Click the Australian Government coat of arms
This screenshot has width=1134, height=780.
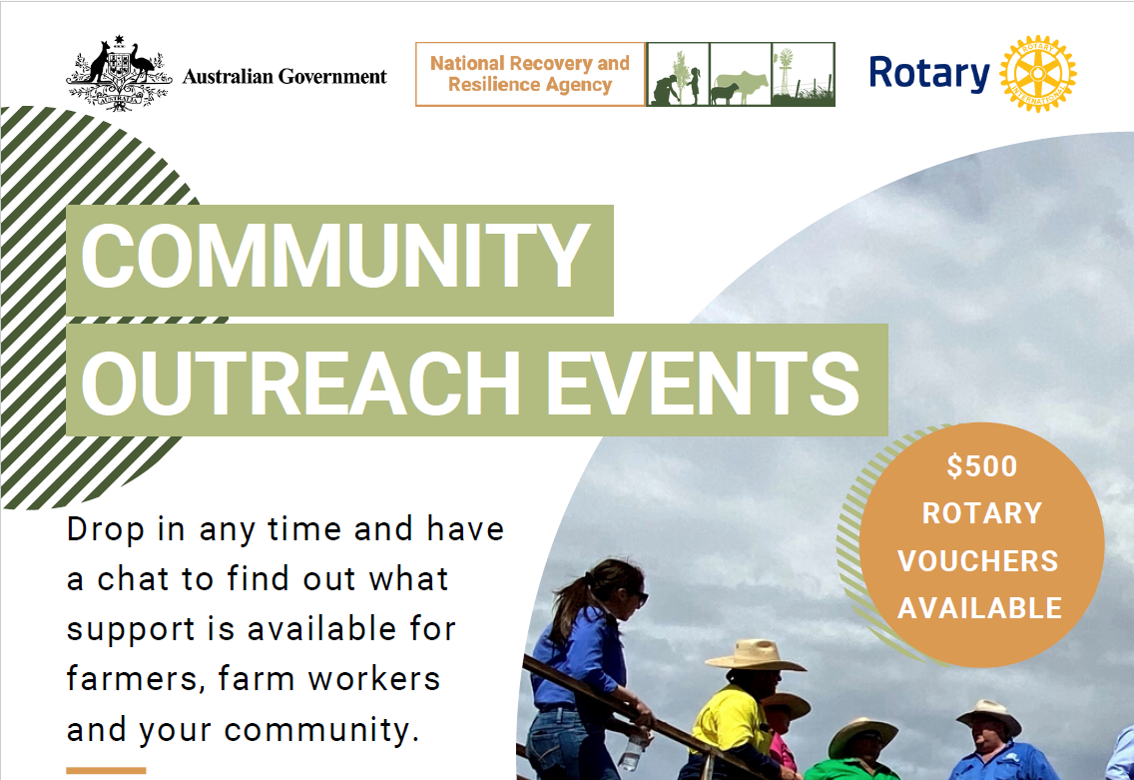119,73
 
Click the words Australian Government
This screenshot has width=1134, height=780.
284,77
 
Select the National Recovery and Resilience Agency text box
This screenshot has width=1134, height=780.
530,74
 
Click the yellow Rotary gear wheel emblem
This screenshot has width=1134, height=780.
1038,74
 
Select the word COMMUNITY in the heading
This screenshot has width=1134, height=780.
335,256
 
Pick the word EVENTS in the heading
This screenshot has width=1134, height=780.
703,383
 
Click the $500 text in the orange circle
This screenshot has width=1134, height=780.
982,466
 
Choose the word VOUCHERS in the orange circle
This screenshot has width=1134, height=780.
978,561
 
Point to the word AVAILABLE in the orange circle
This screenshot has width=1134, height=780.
980,608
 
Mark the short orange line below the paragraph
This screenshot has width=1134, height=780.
106,771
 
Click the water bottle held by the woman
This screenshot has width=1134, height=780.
630,752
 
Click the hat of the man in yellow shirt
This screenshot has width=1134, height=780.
755,655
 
